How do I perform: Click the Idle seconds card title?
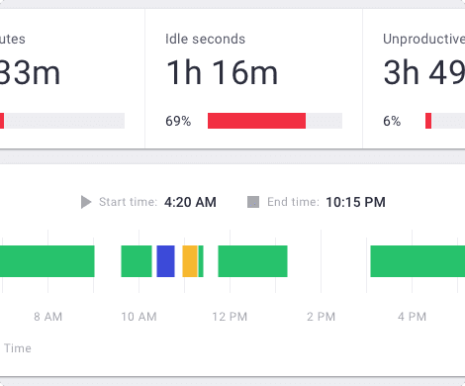pyautogui.click(x=205, y=40)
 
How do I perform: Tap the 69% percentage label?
pyautogui.click(x=178, y=121)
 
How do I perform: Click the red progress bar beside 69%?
pyautogui.click(x=256, y=121)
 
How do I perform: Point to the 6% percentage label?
pyautogui.click(x=392, y=121)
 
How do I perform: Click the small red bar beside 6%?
pyautogui.click(x=428, y=121)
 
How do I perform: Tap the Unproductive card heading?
pyautogui.click(x=423, y=40)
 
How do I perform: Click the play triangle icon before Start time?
pyautogui.click(x=86, y=202)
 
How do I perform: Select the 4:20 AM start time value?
pyautogui.click(x=190, y=202)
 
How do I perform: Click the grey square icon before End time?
pyautogui.click(x=253, y=202)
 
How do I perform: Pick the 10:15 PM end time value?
pyautogui.click(x=355, y=202)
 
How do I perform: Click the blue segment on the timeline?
pyautogui.click(x=165, y=261)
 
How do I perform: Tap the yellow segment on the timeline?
pyautogui.click(x=190, y=261)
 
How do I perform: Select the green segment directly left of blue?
pyautogui.click(x=137, y=261)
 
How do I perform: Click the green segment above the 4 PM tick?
pyautogui.click(x=417, y=261)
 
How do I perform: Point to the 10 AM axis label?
pyautogui.click(x=139, y=317)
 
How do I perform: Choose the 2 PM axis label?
pyautogui.click(x=321, y=317)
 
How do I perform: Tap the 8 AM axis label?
pyautogui.click(x=47, y=317)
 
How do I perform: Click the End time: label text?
pyautogui.click(x=293, y=202)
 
